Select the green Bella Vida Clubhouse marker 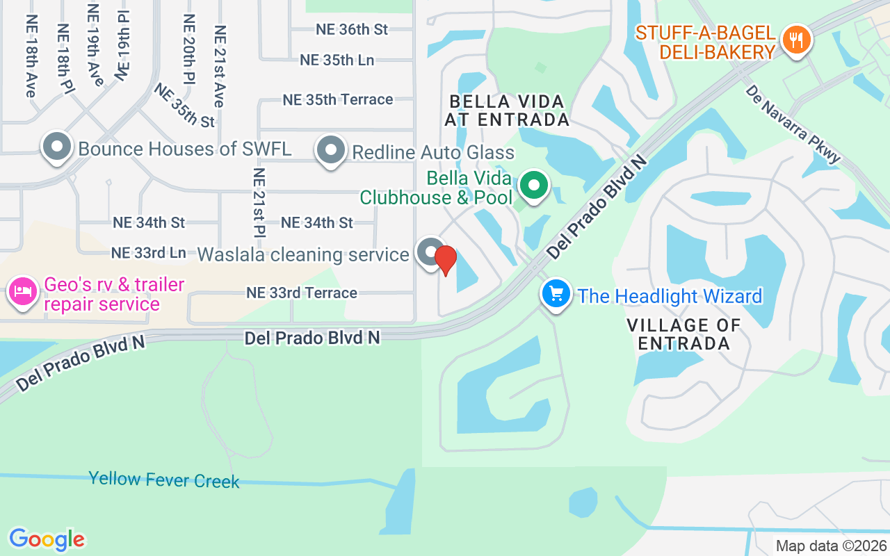coord(533,186)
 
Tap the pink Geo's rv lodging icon coord(22,291)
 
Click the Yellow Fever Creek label coord(164,480)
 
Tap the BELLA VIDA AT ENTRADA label coord(507,111)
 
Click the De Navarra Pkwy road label coord(793,124)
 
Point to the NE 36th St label coord(352,29)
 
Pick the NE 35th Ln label coord(337,60)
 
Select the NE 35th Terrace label coord(338,99)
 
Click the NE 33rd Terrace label coord(302,293)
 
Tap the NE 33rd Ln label coord(149,252)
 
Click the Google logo coord(47,539)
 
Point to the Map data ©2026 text coord(831,546)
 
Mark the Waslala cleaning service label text coord(303,254)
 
